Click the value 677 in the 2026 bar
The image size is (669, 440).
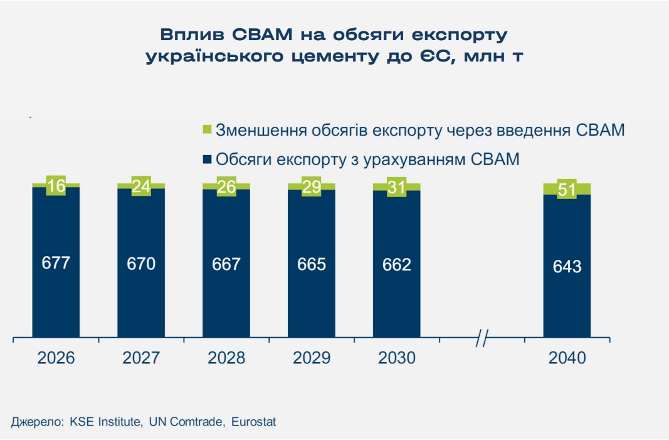point(56,264)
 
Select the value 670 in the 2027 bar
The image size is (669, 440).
point(141,264)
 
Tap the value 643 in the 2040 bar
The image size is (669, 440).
point(567,266)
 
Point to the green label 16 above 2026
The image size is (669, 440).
point(56,185)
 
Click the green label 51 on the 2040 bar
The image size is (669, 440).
point(567,189)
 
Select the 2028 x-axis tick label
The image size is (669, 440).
point(226,358)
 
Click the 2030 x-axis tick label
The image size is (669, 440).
point(397,358)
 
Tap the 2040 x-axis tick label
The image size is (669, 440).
point(567,358)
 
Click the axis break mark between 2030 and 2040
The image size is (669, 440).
point(482,340)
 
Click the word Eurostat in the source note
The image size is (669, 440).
point(253,422)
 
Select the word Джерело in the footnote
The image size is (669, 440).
point(36,422)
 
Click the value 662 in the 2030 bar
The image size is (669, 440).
point(397,264)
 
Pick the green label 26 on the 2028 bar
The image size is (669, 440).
point(226,186)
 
